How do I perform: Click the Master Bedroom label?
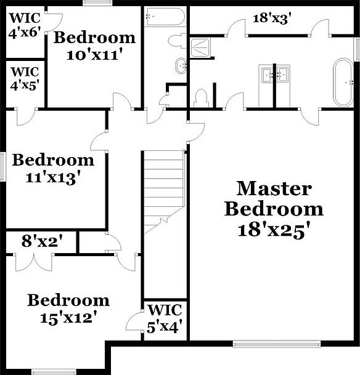pyautogui.click(x=273, y=198)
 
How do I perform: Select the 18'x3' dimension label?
pyautogui.click(x=272, y=18)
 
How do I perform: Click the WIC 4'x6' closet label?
pyautogui.click(x=24, y=25)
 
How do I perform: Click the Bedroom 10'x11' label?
pyautogui.click(x=94, y=46)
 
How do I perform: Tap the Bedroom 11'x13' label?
pyautogui.click(x=54, y=169)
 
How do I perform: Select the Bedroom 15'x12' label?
pyautogui.click(x=68, y=309)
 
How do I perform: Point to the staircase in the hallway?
pyautogui.click(x=163, y=191)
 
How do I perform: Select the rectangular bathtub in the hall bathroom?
pyautogui.click(x=164, y=17)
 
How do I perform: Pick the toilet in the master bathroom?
pyautogui.click(x=200, y=99)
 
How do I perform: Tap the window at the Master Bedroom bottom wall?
pyautogui.click(x=276, y=342)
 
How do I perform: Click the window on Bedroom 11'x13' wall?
pyautogui.click(x=3, y=166)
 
